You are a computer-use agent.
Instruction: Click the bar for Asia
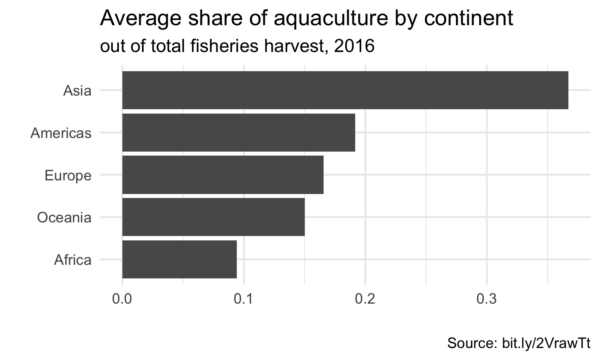point(345,90)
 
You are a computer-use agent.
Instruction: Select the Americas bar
point(238,132)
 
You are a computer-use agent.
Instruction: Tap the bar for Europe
point(223,175)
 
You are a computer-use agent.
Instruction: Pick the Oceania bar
point(213,217)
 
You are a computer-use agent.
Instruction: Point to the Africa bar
point(179,259)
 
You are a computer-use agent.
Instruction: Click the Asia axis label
point(77,91)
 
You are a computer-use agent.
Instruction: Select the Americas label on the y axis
point(61,133)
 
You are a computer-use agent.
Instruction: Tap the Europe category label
point(68,176)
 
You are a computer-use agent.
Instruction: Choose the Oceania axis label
point(64,218)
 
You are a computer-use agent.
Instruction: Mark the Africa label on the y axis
point(72,260)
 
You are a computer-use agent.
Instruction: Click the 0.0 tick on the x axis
point(122,299)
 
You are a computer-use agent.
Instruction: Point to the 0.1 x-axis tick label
point(244,299)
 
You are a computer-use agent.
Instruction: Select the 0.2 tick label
point(365,299)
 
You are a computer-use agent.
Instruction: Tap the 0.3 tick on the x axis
point(487,299)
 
